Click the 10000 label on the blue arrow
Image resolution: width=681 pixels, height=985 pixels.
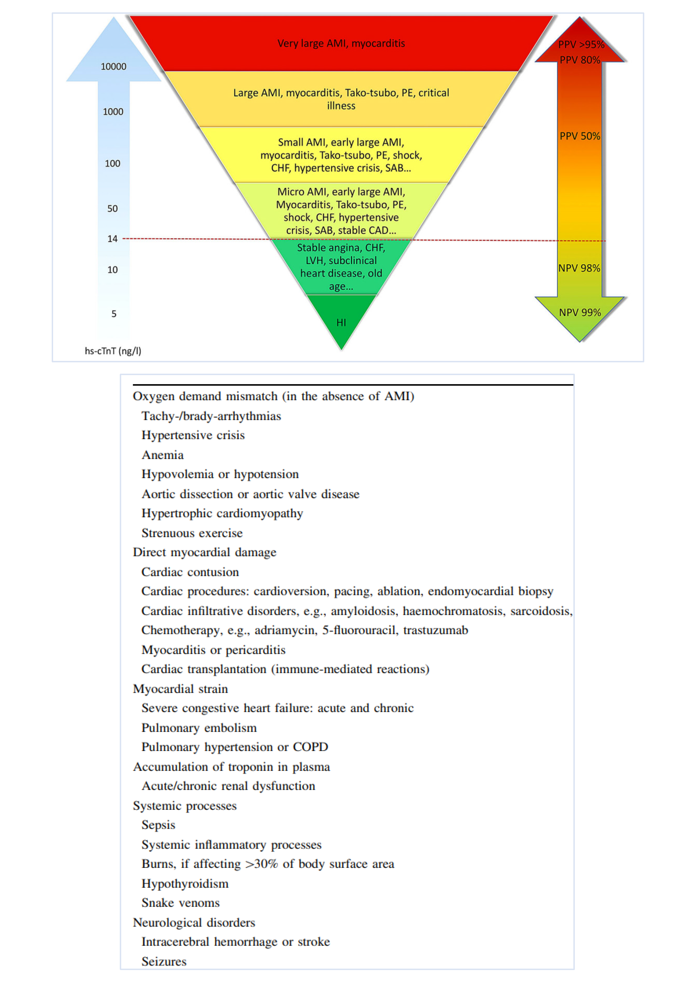pos(113,66)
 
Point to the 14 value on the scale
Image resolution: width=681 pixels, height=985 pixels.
pos(112,239)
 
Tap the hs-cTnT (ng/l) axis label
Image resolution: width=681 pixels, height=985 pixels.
pos(113,351)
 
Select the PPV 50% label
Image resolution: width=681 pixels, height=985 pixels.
pos(580,136)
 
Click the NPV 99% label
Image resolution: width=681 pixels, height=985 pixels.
pos(580,313)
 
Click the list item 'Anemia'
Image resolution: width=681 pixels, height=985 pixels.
pos(163,455)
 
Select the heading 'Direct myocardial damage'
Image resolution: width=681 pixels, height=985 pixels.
pos(204,552)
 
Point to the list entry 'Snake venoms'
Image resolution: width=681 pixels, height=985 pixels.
pos(180,903)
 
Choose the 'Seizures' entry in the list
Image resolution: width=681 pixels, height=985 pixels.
pos(164,961)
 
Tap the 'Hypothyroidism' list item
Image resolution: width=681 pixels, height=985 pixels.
pos(185,883)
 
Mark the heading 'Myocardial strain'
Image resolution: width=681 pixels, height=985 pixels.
pos(180,689)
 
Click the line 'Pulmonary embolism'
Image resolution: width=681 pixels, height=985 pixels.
pos(199,728)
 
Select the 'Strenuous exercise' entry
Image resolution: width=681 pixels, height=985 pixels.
pos(192,533)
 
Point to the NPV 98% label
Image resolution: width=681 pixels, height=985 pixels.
pos(579,268)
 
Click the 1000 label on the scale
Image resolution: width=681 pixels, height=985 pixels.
pos(113,112)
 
